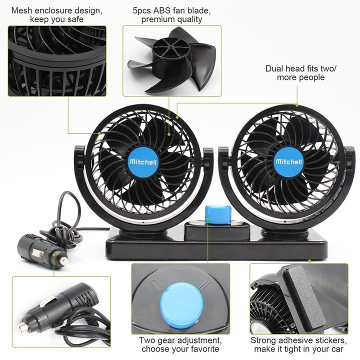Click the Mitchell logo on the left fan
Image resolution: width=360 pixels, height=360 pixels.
tap(143, 162)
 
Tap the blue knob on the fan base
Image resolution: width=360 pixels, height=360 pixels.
tap(217, 214)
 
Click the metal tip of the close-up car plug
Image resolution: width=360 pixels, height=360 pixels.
tap(23, 325)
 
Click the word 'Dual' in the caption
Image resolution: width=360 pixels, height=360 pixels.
tap(273, 68)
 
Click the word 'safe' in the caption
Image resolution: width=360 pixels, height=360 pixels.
tap(75, 19)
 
